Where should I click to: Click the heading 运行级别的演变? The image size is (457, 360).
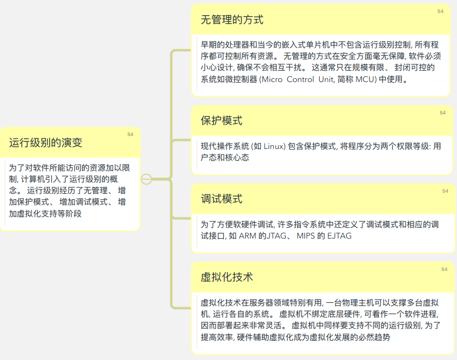click(46, 142)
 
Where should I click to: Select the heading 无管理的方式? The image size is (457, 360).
click(232, 20)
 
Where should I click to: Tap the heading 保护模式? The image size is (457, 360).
click(221, 120)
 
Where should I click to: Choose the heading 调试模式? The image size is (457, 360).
click(221, 199)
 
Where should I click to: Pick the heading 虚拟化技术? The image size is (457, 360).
click(227, 277)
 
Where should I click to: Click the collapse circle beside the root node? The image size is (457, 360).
click(146, 179)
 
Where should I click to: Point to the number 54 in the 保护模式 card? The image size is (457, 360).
click(442, 113)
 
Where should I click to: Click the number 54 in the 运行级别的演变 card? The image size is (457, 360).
click(130, 134)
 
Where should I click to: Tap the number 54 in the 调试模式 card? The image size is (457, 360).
click(445, 191)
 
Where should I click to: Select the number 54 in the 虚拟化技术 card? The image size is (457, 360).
click(444, 269)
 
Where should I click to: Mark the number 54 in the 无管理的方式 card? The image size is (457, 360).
click(440, 11)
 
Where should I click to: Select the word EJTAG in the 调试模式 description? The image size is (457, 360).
click(339, 235)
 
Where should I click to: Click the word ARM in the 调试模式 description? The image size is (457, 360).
click(247, 235)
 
